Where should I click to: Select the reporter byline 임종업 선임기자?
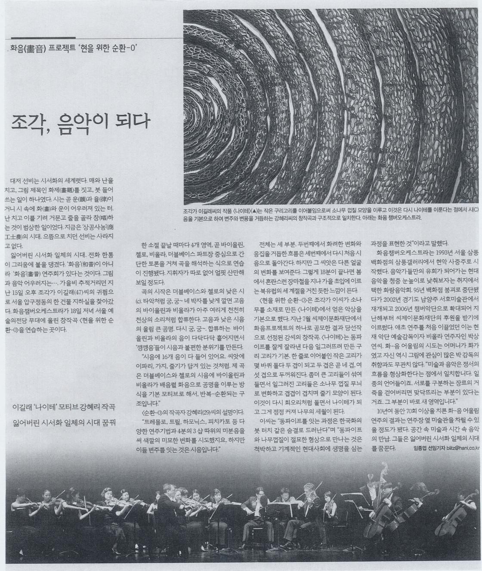coord(422,460)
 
